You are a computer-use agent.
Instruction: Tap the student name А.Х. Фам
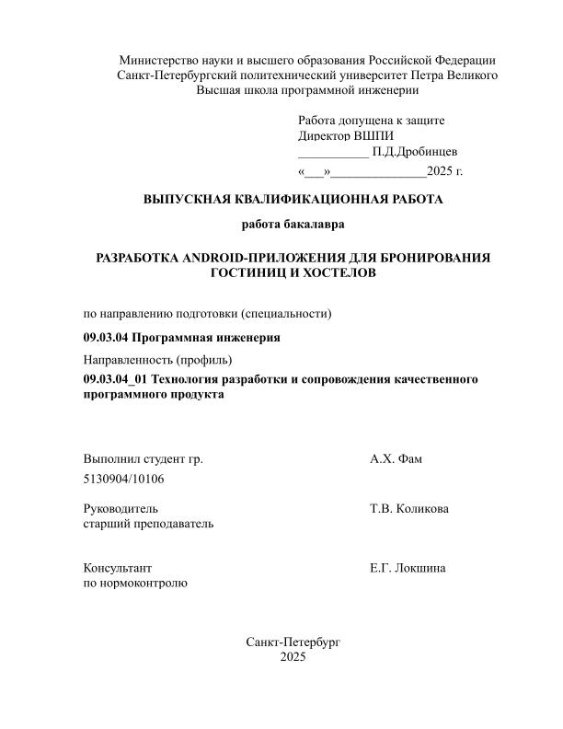[396, 458]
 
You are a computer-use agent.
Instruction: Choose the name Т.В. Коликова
[409, 508]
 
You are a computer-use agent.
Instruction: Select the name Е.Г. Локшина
[408, 568]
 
